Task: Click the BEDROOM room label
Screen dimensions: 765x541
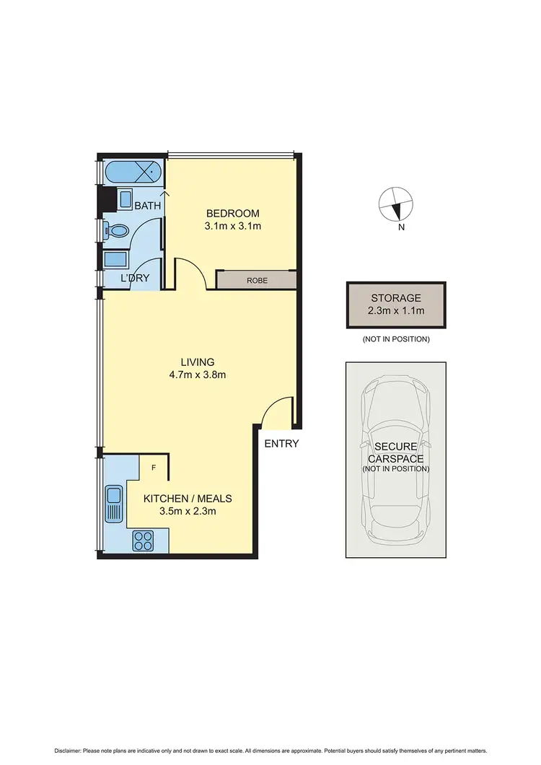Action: (232, 214)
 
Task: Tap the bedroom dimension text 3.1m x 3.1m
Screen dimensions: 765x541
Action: (232, 227)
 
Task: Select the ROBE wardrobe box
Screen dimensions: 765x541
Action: (256, 280)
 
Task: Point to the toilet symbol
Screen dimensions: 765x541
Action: (116, 231)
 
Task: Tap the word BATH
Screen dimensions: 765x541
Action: (148, 206)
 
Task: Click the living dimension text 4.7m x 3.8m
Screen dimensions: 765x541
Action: (198, 375)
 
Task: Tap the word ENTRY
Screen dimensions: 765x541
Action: (281, 444)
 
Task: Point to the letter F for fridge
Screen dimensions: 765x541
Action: (153, 468)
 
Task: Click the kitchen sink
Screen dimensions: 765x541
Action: (114, 503)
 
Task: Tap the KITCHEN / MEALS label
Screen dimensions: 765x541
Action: (188, 499)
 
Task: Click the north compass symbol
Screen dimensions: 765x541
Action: (395, 204)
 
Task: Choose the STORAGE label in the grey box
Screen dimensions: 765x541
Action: (396, 297)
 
